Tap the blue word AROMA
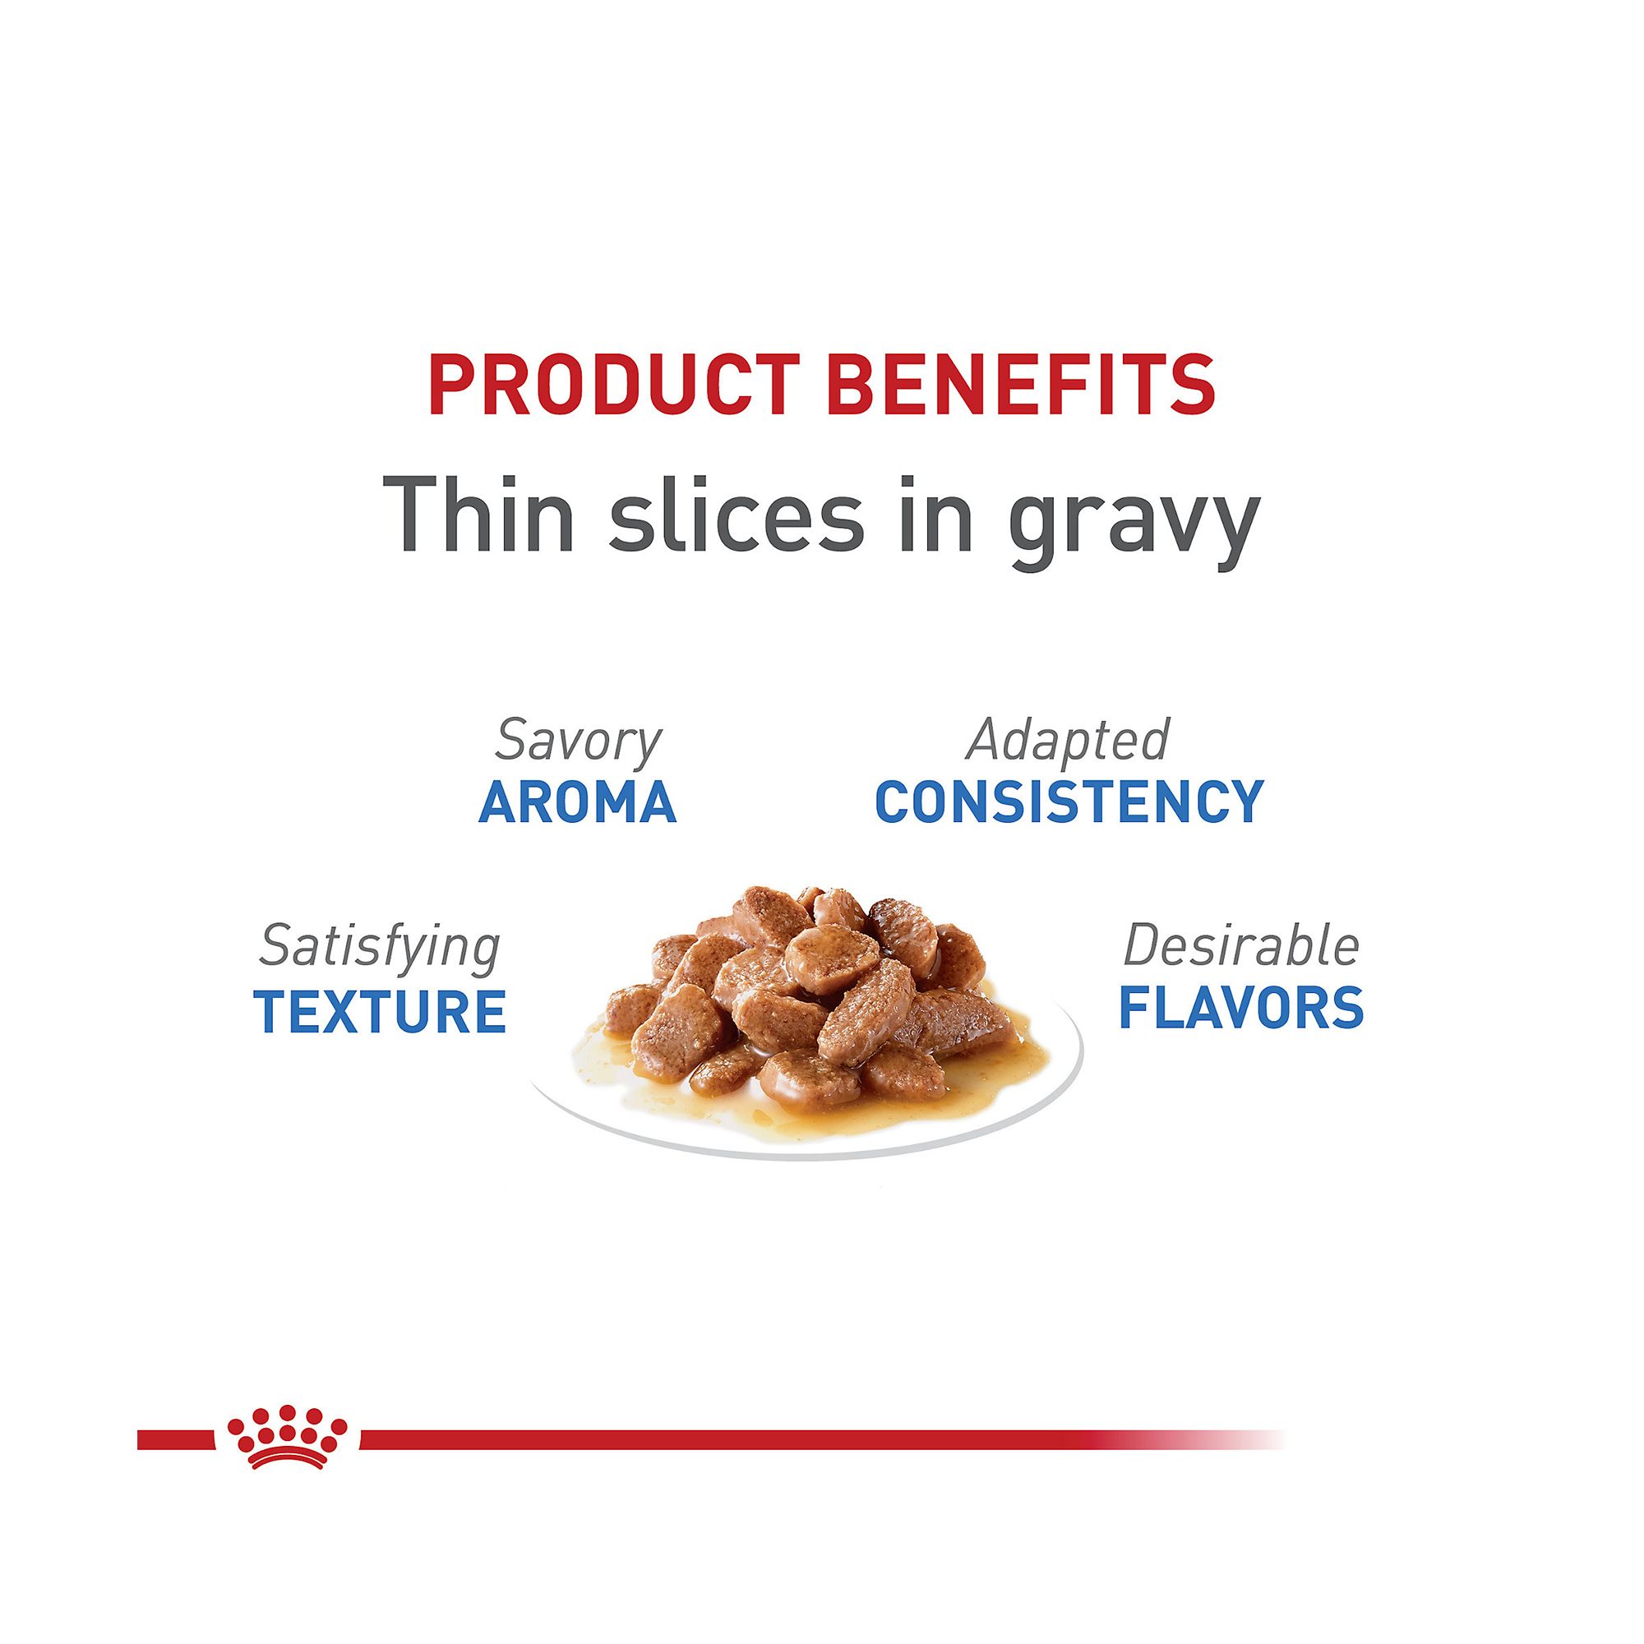pos(578,802)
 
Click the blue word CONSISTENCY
pos(1069,802)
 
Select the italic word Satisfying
pos(380,949)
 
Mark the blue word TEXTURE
pos(380,1011)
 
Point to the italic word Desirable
pos(1241,945)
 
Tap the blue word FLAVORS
pos(1241,1008)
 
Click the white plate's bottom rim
pos(804,1156)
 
